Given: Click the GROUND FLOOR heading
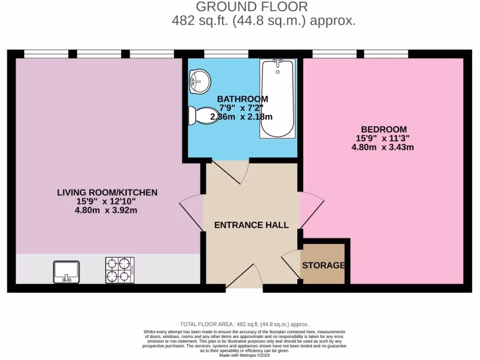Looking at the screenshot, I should [x=252, y=7].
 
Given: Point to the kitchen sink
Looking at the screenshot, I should [x=66, y=272].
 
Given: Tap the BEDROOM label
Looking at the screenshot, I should [x=383, y=129].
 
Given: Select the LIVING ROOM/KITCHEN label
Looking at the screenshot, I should [x=107, y=192].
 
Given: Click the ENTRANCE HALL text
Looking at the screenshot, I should [x=251, y=225].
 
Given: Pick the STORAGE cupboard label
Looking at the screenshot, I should [x=323, y=265].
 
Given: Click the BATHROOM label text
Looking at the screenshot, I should [x=242, y=99].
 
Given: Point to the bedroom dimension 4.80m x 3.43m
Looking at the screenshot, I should [x=382, y=147].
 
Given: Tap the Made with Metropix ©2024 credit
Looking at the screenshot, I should [x=244, y=355].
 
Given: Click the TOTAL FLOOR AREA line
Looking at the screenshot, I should [x=244, y=324].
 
